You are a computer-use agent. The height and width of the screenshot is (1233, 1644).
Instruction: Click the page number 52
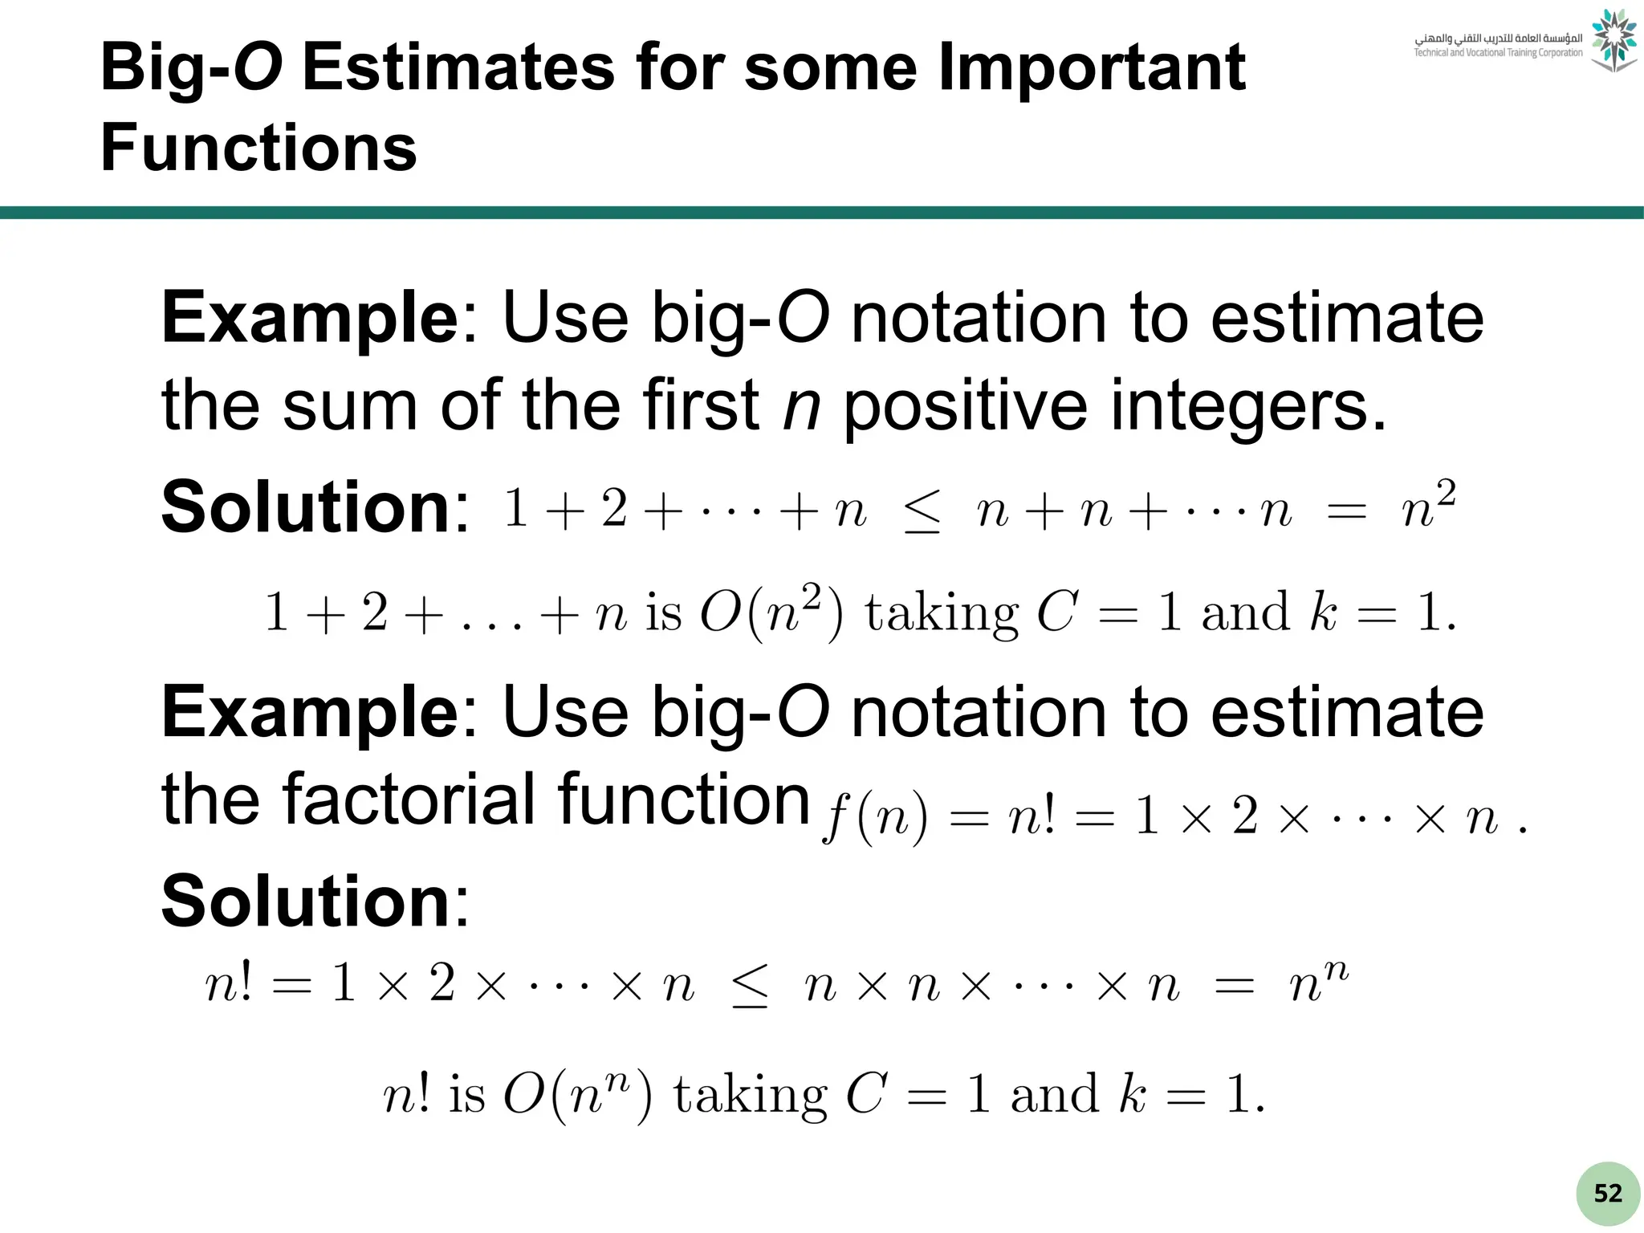1607,1193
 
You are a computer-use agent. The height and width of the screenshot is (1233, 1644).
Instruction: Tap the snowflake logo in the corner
1613,40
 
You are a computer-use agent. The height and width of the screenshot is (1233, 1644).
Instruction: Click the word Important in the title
1092,67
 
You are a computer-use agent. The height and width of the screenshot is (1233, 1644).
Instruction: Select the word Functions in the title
258,148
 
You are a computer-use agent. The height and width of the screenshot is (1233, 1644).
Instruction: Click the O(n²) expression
771,613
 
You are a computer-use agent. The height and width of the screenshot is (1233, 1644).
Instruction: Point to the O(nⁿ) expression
577,1094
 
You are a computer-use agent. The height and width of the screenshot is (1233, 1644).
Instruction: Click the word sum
350,405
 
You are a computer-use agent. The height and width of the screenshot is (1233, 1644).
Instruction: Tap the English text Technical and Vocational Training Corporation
1498,53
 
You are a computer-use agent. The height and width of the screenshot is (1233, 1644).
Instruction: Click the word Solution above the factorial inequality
306,901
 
